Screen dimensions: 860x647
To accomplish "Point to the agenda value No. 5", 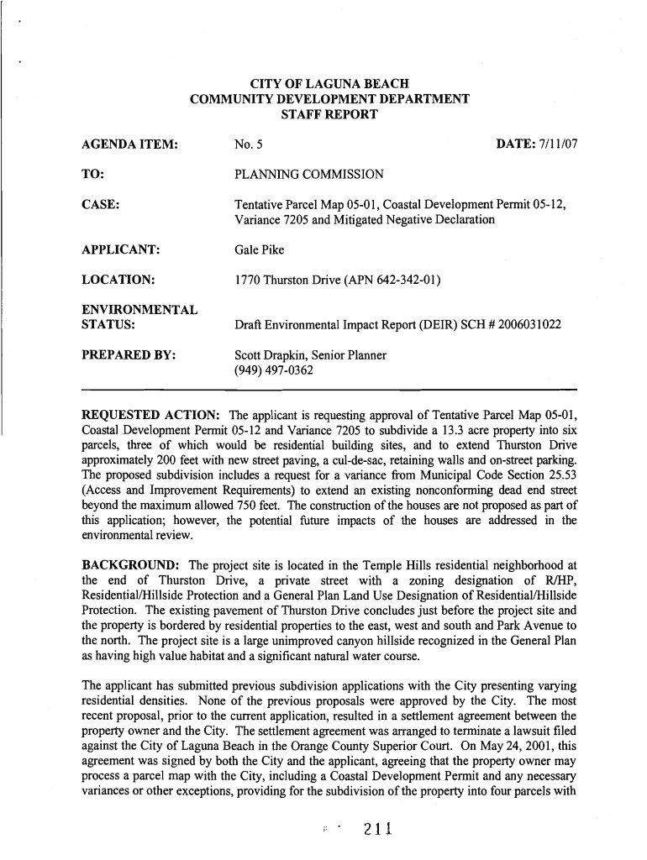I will tap(250, 145).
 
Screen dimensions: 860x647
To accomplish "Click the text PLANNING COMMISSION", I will tap(309, 175).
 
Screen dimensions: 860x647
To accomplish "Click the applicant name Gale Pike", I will tap(260, 249).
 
